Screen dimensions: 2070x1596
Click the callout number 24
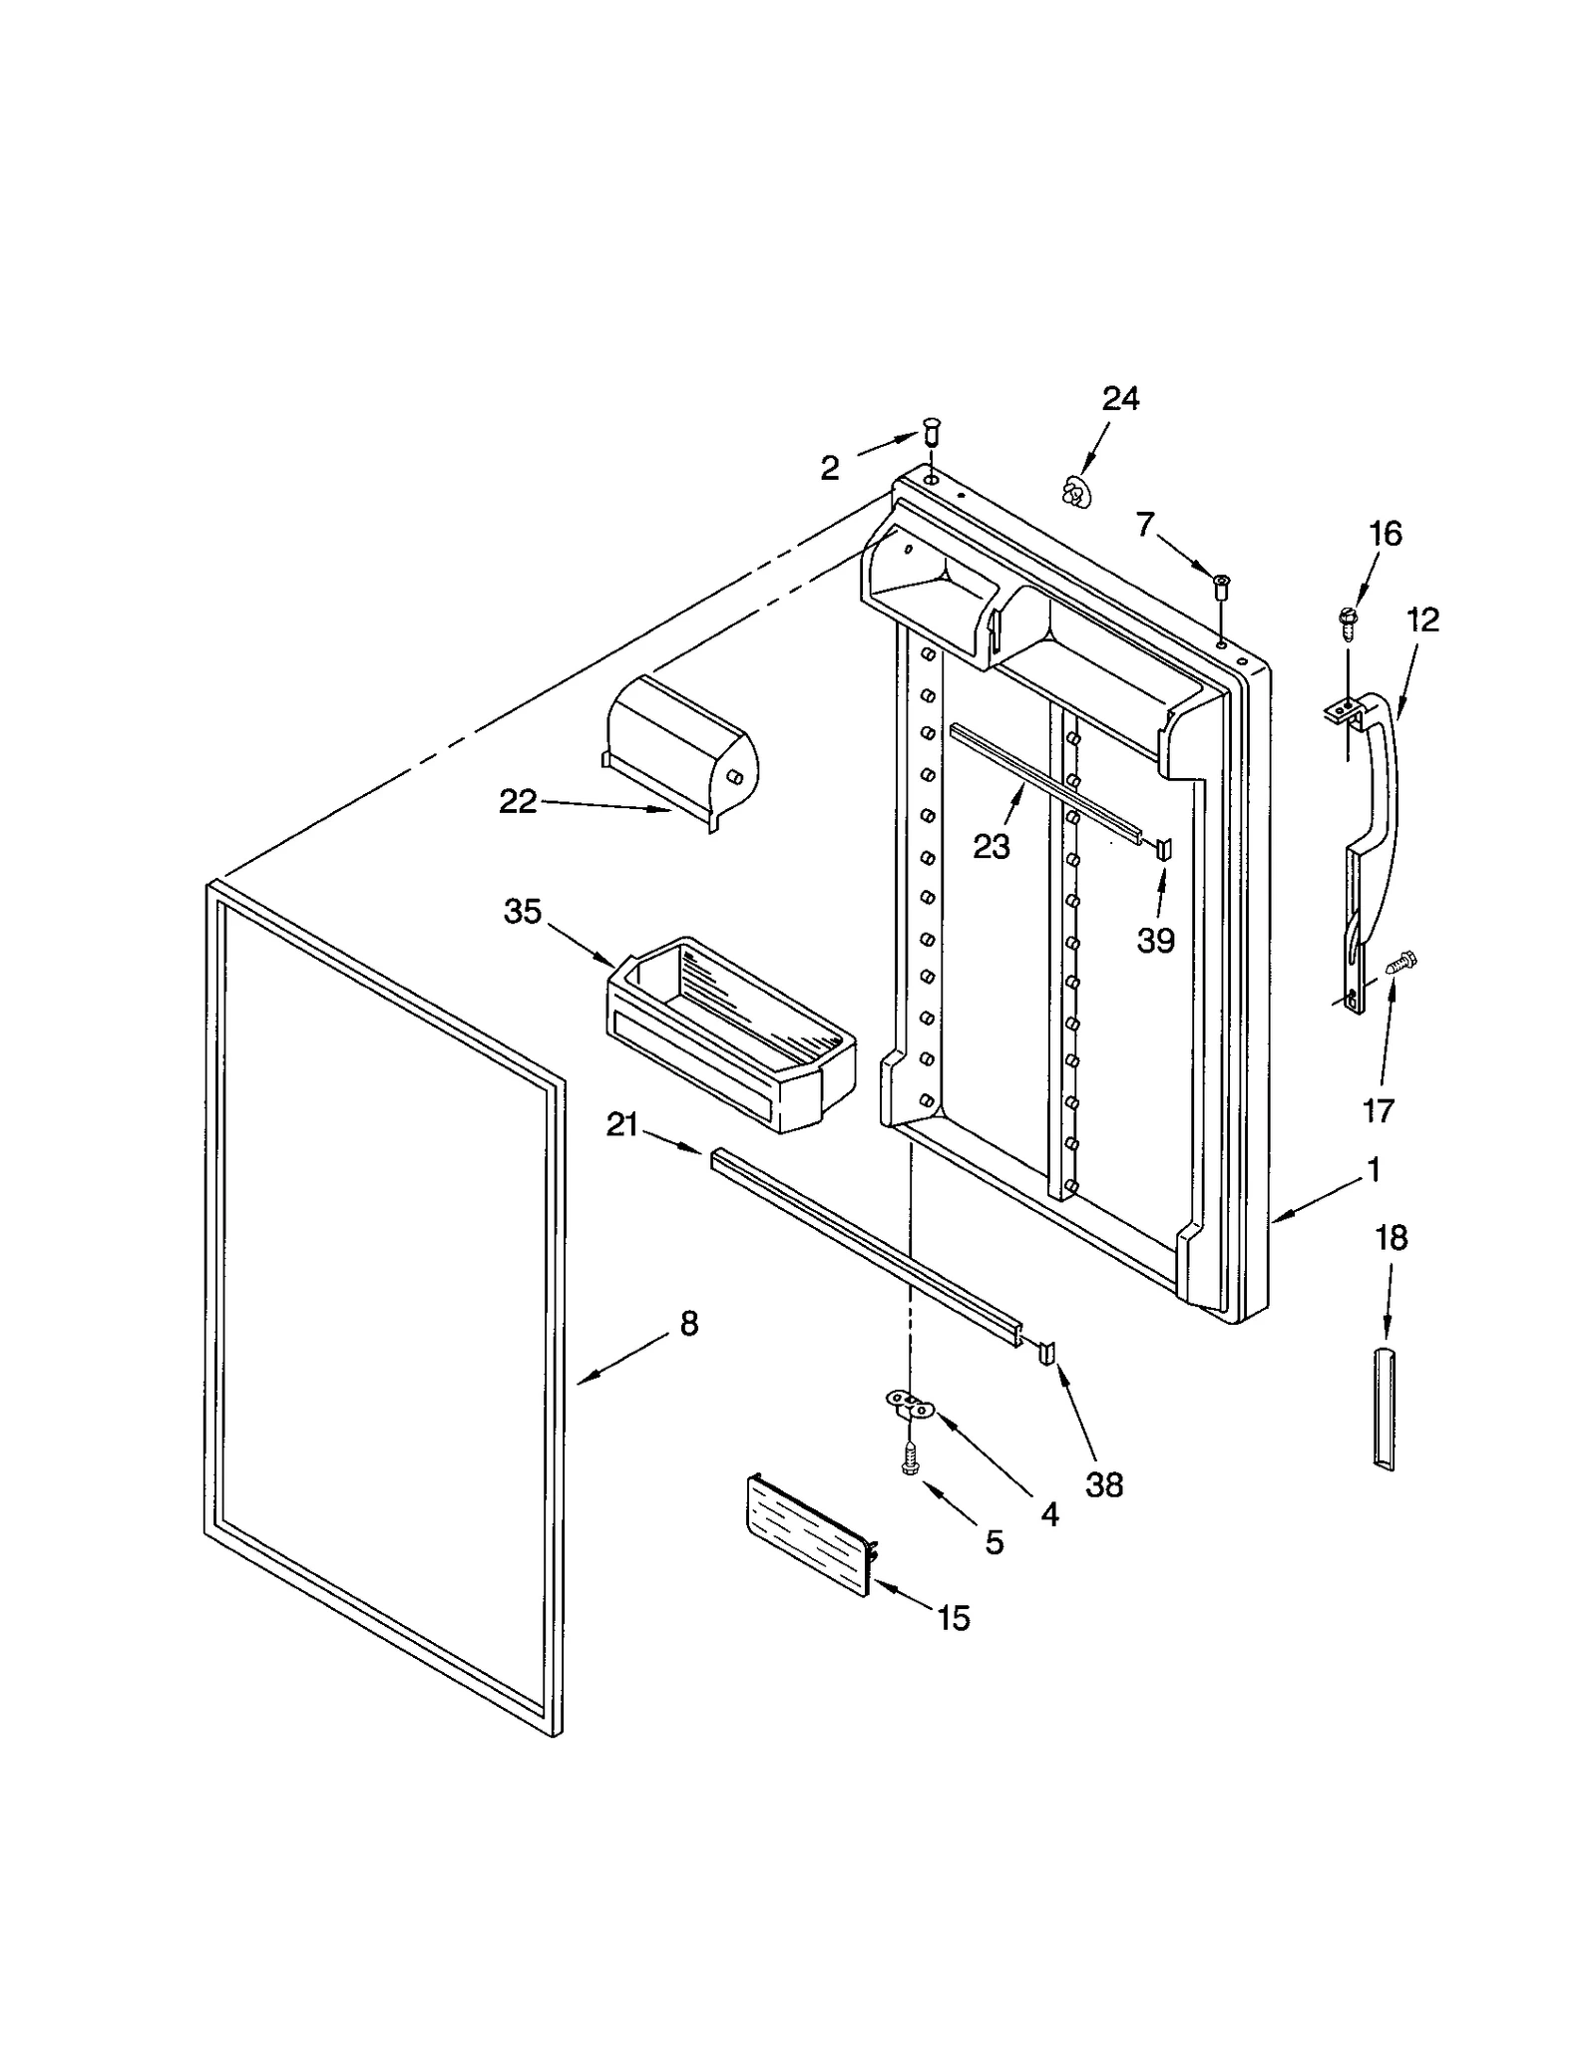coord(1119,399)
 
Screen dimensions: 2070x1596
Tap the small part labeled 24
coord(1073,491)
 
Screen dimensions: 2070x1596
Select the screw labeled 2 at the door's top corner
coord(932,434)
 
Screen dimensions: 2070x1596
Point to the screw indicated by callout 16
coord(1346,621)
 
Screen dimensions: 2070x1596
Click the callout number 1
coord(1374,1169)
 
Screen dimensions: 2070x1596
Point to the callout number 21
coord(621,1125)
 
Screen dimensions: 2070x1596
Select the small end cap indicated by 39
coord(1163,849)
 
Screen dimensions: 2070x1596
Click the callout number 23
coord(992,846)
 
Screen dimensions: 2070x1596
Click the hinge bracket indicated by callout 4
coord(911,1407)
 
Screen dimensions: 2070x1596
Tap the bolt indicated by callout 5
coord(909,1462)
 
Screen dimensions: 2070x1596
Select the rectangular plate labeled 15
coord(808,1536)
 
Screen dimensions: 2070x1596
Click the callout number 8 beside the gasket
coord(689,1324)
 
